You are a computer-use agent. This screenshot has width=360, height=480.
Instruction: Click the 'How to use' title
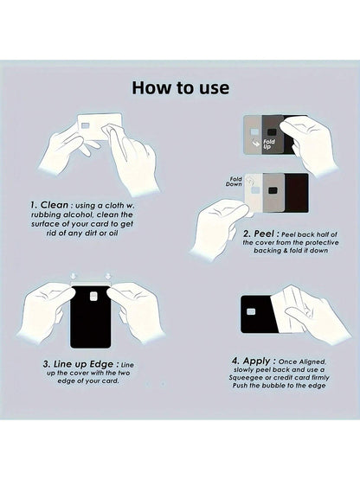pos(181,88)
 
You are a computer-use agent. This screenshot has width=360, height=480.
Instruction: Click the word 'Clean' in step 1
pos(55,204)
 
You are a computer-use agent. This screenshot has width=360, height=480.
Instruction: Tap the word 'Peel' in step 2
pos(264,234)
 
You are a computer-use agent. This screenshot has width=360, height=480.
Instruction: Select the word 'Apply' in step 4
pos(256,361)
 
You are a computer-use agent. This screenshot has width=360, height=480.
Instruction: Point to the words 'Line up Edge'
pos(83,364)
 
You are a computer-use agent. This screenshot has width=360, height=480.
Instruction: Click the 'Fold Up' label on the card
pos(268,144)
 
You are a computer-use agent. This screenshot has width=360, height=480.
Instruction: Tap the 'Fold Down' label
pos(235,182)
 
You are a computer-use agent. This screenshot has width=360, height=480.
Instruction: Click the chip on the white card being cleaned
pos(86,125)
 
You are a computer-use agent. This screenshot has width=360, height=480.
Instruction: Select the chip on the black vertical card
pos(93,296)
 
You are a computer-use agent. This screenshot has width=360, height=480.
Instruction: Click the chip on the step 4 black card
pos(251,311)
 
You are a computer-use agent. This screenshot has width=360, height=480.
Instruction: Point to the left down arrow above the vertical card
pos(73,275)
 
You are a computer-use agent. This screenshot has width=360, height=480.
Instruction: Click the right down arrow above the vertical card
pos(108,275)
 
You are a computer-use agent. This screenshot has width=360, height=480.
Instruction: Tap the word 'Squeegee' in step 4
pos(243,377)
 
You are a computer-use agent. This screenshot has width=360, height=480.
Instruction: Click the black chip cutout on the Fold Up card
pos(272,132)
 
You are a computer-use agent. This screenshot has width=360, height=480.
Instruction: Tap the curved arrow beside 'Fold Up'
pos(255,143)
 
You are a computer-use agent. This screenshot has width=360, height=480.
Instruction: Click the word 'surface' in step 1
pos(44,224)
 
